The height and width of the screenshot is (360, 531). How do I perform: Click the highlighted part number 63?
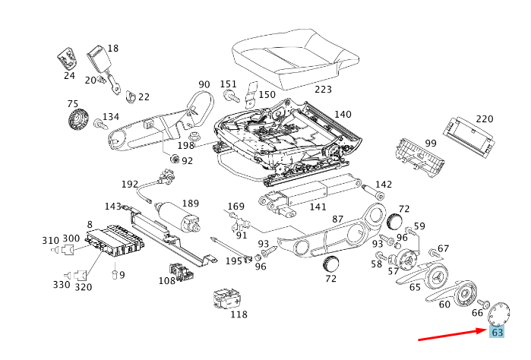pos(498,333)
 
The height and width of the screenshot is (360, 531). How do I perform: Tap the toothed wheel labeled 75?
pos(77,119)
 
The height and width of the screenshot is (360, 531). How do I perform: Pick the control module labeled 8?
pos(114,242)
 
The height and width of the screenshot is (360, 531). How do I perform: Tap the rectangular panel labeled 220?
pos(468,136)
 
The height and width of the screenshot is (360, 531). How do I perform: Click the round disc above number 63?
pos(499,313)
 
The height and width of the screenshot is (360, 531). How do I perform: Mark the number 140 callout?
pos(343,114)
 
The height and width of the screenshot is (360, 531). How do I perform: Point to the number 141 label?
pos(318,207)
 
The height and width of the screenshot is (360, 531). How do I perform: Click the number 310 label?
pos(50,239)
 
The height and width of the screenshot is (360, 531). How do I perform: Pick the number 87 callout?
pos(338,219)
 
